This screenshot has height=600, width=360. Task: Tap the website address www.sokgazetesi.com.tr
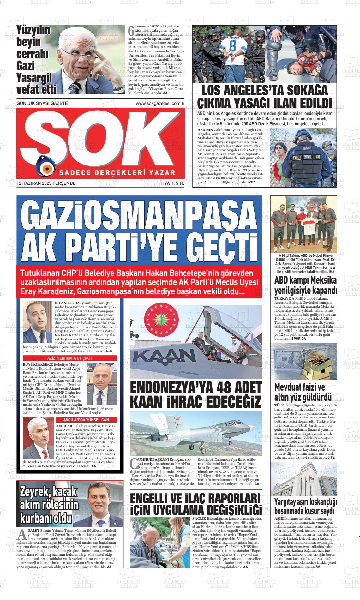160,103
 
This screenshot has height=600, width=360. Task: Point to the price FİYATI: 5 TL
172,183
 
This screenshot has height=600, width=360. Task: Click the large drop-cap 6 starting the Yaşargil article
131,31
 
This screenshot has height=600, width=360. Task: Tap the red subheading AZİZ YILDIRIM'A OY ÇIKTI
69,358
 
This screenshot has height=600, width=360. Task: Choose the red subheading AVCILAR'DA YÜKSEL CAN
86,420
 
